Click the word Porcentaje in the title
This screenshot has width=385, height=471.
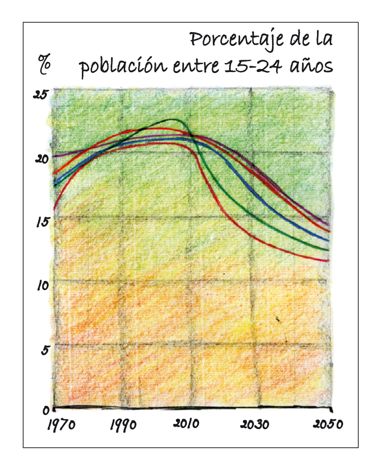pos(236,39)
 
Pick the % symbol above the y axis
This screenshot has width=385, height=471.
pos(45,64)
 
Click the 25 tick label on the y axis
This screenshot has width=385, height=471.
pos(40,94)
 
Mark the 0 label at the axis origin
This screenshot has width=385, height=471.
pos(45,410)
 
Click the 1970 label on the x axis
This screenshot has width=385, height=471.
pos(61,425)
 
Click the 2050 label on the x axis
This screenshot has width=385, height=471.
pos(327,425)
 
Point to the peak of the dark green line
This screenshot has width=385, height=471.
pos(174,119)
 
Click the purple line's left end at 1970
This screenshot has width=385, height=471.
pos(54,156)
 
